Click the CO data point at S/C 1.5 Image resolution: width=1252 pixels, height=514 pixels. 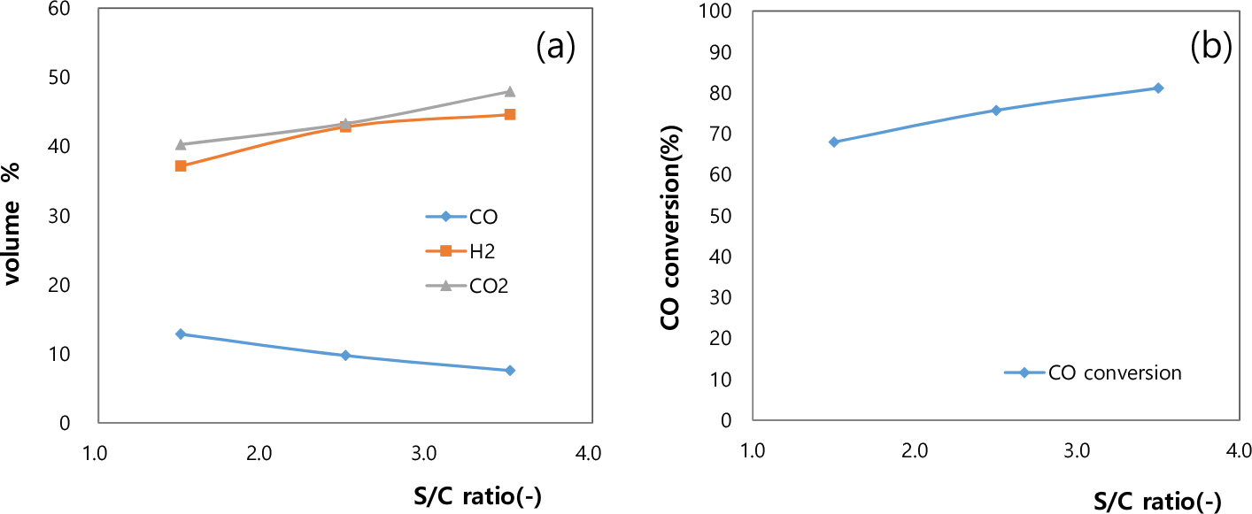(x=181, y=334)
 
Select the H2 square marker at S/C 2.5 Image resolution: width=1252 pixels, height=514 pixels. (x=345, y=127)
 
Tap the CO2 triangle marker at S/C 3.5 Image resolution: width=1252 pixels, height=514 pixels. (x=510, y=91)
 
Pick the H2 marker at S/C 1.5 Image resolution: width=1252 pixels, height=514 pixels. (x=181, y=165)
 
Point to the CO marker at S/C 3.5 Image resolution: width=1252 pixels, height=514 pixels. (x=510, y=370)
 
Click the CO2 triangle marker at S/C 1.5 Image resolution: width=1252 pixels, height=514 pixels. (x=181, y=144)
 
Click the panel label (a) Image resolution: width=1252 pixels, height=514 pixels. (x=556, y=47)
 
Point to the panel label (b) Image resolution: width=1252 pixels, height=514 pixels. (x=1210, y=47)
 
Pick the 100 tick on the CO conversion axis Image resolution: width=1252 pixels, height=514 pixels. (x=724, y=12)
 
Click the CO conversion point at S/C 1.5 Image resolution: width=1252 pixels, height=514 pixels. (x=833, y=142)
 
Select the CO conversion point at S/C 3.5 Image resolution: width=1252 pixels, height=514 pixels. (x=1157, y=88)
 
